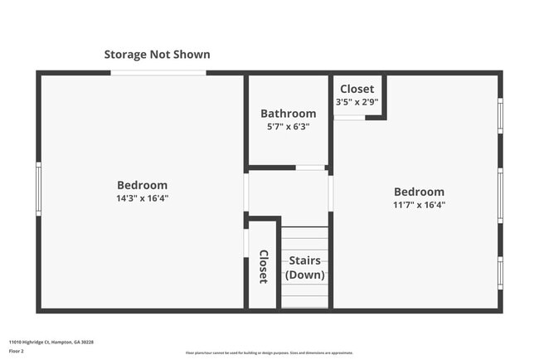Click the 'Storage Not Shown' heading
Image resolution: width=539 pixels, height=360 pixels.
tap(157, 55)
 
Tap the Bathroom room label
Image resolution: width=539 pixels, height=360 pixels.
tap(288, 114)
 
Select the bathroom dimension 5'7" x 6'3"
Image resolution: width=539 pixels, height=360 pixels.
tap(288, 127)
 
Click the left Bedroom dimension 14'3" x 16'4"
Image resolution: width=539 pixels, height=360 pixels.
tap(142, 198)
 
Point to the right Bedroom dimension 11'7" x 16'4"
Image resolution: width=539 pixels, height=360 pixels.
tap(419, 205)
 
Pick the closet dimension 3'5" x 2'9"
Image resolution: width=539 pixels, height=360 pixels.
tap(357, 102)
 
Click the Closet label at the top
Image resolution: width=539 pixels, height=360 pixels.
tap(357, 89)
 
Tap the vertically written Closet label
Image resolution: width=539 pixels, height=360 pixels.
tap(263, 267)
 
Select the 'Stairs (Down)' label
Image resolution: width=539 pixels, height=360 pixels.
tap(305, 268)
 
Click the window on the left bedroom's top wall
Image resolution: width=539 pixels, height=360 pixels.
tap(158, 73)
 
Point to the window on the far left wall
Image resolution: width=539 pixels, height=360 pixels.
tap(38, 189)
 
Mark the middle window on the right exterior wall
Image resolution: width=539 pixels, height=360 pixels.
tap(500, 196)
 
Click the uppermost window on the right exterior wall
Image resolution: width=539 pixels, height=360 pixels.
tap(500, 116)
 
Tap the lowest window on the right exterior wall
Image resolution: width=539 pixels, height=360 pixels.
tap(500, 272)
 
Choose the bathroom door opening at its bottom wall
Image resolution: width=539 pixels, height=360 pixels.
tap(310, 168)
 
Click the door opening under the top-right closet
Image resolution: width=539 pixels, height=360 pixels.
tap(349, 118)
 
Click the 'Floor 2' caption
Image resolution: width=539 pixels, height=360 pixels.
tap(17, 351)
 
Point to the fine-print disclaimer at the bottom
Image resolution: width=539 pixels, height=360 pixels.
tap(269, 353)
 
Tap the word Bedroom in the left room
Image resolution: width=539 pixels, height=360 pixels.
tap(142, 185)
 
